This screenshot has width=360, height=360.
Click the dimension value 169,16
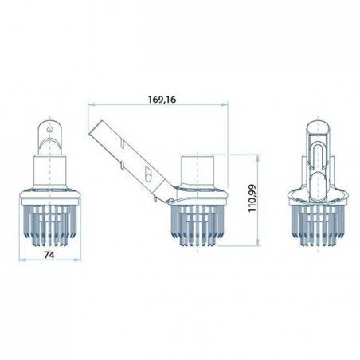click(162, 100)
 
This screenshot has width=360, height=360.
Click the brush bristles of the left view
click(49, 225)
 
